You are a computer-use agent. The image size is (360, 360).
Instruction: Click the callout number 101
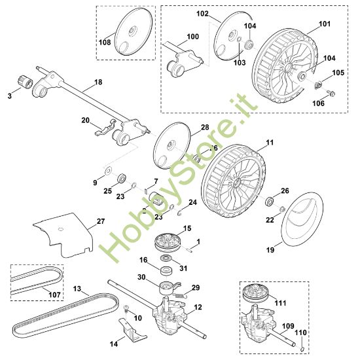(x=325, y=24)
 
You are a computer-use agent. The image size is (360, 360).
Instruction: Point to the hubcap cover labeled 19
(x=302, y=219)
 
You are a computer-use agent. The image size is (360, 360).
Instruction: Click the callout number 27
(x=100, y=222)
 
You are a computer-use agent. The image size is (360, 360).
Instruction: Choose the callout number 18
(x=99, y=82)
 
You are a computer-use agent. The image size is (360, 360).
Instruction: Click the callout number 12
(x=198, y=307)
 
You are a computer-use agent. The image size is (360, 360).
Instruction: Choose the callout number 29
(x=196, y=287)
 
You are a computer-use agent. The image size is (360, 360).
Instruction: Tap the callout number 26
(x=285, y=190)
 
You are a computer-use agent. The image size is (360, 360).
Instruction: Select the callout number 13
(x=77, y=288)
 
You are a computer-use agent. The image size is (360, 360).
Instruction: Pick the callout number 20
(x=85, y=120)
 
